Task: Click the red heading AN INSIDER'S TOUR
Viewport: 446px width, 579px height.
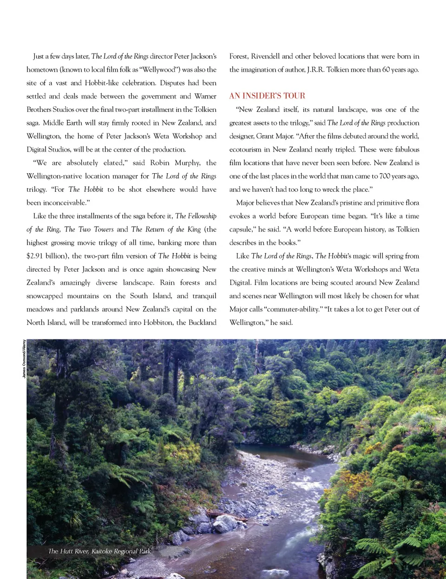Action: [x=267, y=96]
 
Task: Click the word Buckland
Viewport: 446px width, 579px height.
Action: [x=202, y=322]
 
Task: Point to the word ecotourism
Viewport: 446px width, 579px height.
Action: [x=245, y=150]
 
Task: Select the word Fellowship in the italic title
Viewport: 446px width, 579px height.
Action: [x=202, y=216]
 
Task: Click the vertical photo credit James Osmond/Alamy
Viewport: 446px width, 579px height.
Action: [x=24, y=358]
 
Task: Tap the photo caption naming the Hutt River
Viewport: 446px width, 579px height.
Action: [x=99, y=551]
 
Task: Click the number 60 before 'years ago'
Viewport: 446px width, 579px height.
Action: [x=386, y=70]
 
